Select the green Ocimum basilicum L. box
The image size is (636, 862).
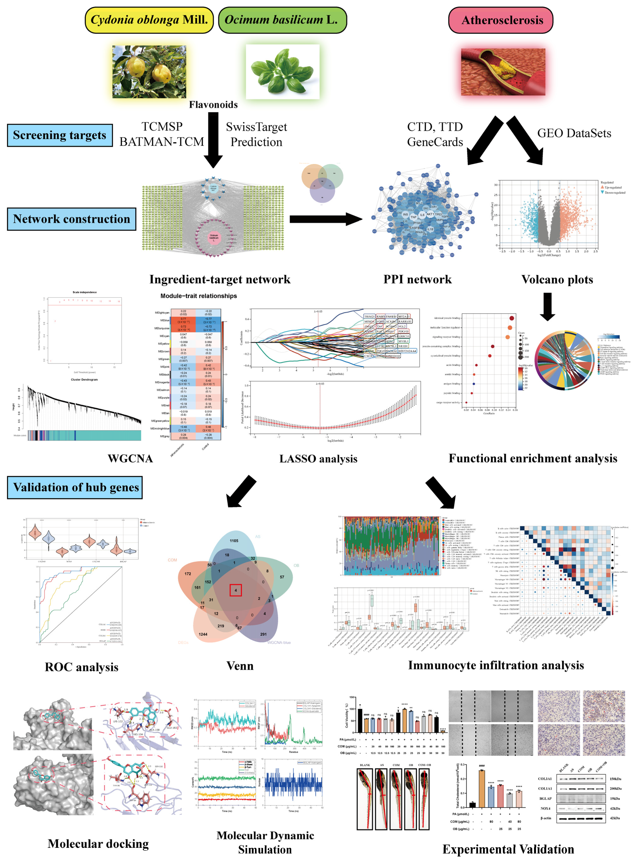coord(282,20)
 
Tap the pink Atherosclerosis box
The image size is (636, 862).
coord(501,20)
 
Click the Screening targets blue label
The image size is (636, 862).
coord(60,135)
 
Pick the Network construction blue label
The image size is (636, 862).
coord(72,219)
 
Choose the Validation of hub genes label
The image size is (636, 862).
coord(75,487)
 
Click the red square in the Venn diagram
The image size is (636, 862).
coord(236,590)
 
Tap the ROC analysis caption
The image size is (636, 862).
coord(82,667)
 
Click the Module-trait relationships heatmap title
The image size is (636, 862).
coord(199,296)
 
